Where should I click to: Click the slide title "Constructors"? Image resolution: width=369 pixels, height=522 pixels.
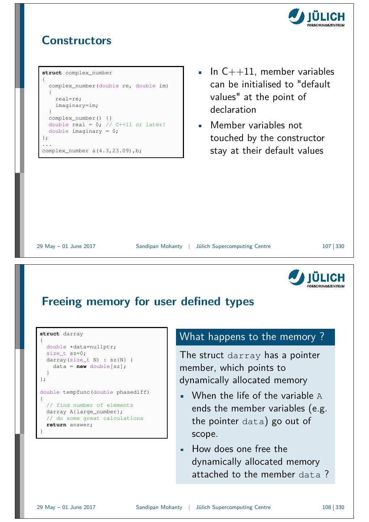[x=76, y=40]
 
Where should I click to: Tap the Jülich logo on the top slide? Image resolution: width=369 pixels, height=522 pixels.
[x=316, y=17]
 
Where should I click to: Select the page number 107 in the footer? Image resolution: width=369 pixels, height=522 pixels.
[x=326, y=246]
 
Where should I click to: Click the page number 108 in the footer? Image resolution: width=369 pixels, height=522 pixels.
[x=326, y=507]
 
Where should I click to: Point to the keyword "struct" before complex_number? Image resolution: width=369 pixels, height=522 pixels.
[x=52, y=73]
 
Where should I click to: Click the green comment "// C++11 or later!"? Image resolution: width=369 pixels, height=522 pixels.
[x=135, y=125]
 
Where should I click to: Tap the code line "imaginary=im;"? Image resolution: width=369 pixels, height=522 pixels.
[x=77, y=105]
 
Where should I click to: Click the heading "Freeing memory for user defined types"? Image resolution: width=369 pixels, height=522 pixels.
[x=148, y=301]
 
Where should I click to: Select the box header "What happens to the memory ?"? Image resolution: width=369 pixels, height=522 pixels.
[x=252, y=337]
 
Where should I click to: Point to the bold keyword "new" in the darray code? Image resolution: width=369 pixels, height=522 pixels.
[x=81, y=366]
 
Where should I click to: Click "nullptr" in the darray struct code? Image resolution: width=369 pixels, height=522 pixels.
[x=103, y=347]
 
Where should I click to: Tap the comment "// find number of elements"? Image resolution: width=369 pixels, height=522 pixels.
[x=90, y=405]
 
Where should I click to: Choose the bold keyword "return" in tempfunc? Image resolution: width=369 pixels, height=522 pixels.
[x=56, y=425]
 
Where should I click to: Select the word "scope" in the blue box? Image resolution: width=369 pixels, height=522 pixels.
[x=204, y=434]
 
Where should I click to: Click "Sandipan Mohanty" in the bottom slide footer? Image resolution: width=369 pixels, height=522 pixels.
[x=159, y=507]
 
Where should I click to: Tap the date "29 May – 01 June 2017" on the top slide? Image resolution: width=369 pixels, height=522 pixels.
[x=66, y=246]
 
